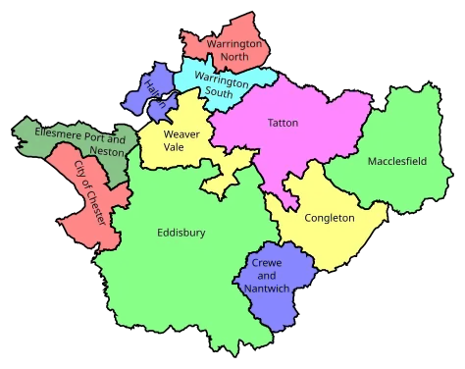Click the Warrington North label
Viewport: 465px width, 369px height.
(233, 50)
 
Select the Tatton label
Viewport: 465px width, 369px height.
(283, 123)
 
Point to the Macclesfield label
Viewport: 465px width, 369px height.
(396, 161)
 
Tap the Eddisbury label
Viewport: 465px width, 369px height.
(181, 233)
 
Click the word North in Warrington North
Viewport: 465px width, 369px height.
(233, 57)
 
